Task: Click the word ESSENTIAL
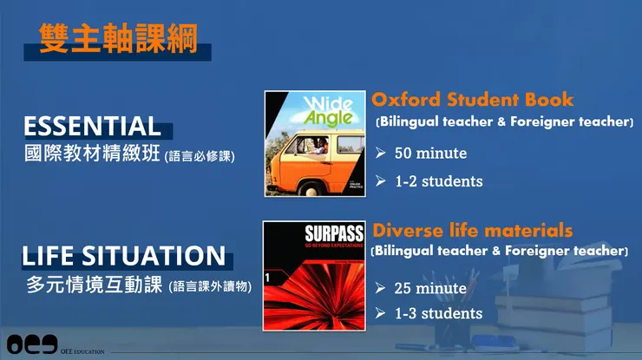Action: (x=92, y=126)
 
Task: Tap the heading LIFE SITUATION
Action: (x=124, y=256)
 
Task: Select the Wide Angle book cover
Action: (x=315, y=143)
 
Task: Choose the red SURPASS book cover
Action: (x=315, y=275)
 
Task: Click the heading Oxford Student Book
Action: (x=473, y=99)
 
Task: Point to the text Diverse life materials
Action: (x=473, y=231)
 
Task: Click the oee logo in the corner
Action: (x=31, y=344)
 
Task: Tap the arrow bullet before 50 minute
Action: (x=381, y=154)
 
